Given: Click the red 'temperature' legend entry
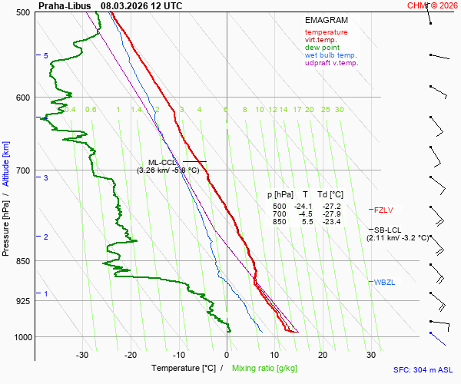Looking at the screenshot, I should pyautogui.click(x=326, y=32).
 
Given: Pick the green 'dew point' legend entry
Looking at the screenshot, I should pyautogui.click(x=322, y=48).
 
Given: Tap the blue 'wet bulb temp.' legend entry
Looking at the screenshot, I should pyautogui.click(x=330, y=55).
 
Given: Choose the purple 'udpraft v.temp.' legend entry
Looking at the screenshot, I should pyautogui.click(x=331, y=63).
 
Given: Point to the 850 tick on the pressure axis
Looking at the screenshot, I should pyautogui.click(x=22, y=261).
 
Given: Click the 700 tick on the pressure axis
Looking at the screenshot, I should pyautogui.click(x=22, y=170).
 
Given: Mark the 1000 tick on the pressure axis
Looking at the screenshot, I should pyautogui.click(x=21, y=337).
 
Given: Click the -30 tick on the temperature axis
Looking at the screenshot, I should pyautogui.click(x=82, y=354).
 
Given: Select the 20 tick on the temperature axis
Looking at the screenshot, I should pyautogui.click(x=323, y=354).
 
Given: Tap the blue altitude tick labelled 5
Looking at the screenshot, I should pyautogui.click(x=46, y=56).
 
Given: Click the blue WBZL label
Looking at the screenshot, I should pyautogui.click(x=385, y=283).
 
